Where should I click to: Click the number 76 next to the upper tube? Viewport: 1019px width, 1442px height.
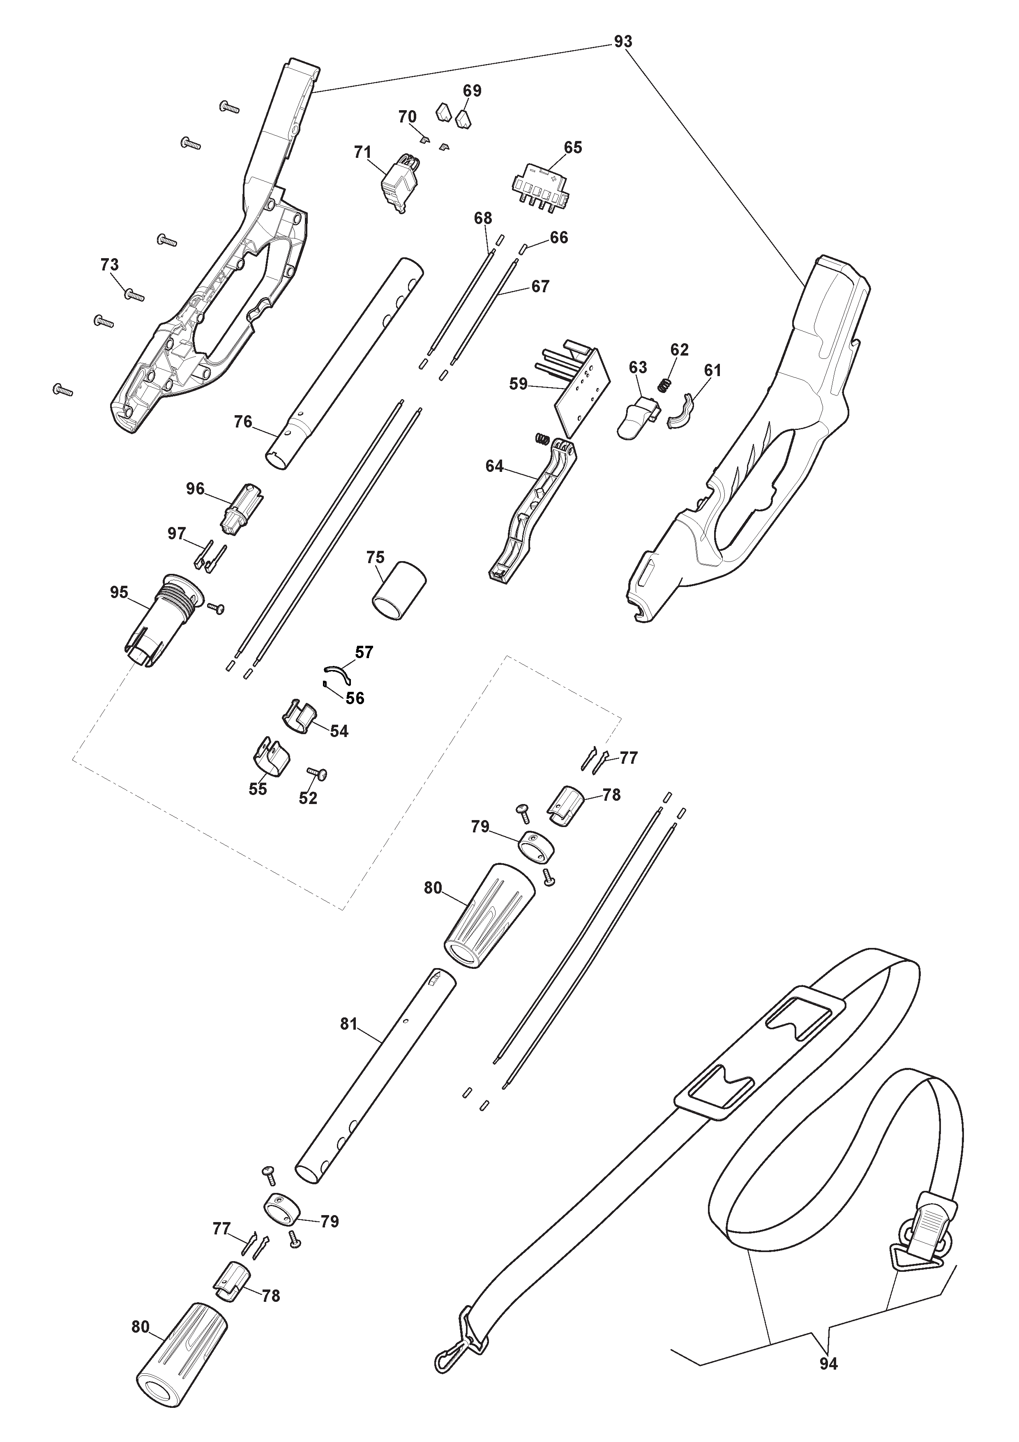(x=242, y=422)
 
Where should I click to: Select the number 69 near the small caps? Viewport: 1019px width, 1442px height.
(x=472, y=91)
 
